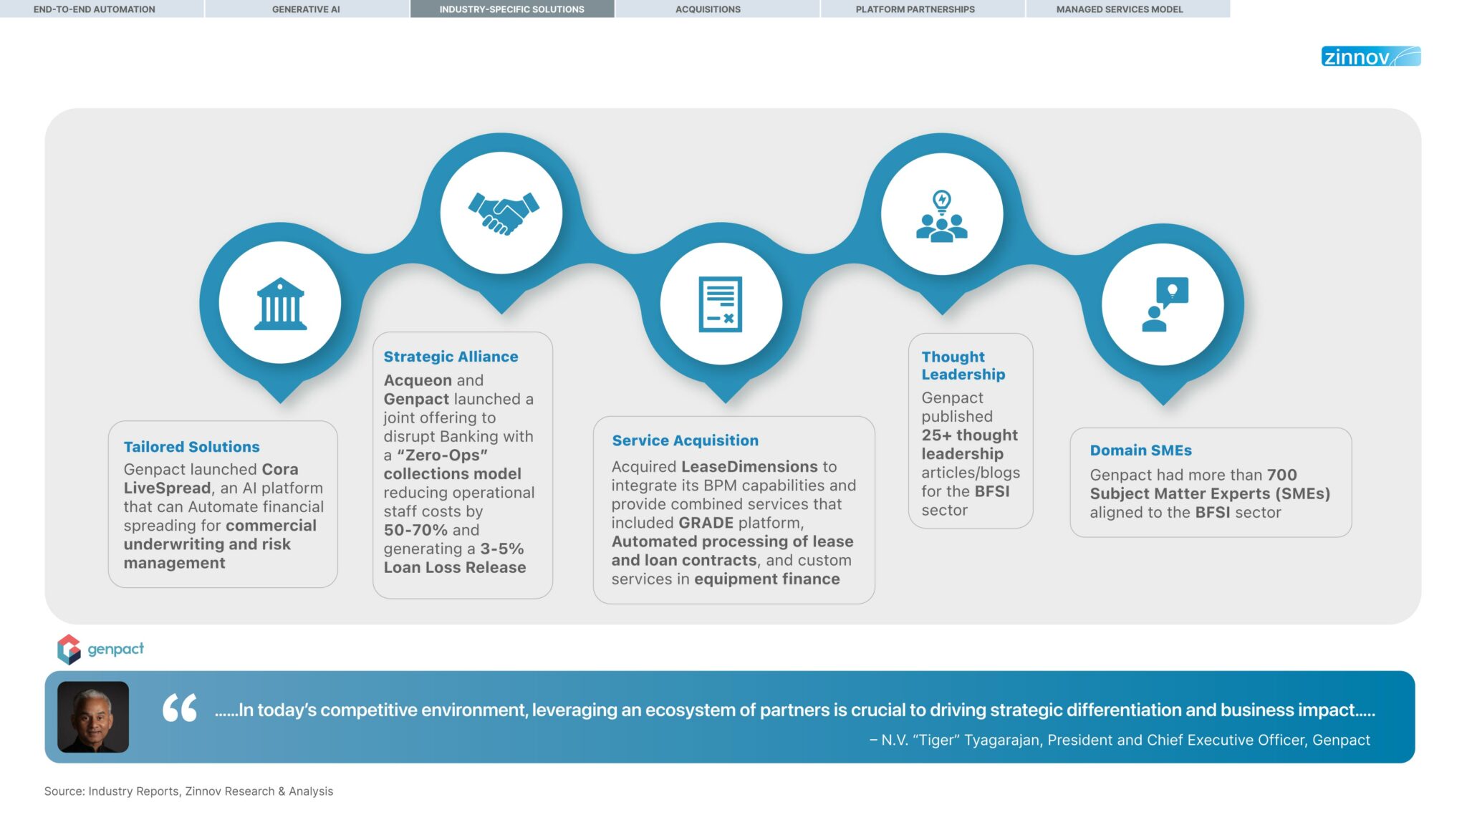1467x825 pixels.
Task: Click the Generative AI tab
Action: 306,9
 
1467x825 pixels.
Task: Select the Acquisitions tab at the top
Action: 708,9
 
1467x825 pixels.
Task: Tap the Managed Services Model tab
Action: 1119,9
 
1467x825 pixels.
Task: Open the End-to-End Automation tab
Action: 94,9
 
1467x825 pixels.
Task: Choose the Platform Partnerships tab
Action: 915,9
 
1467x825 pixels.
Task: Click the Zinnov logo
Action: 1370,57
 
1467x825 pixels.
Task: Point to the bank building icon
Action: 280,304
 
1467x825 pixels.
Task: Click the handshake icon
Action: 503,213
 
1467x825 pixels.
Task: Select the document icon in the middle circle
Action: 721,304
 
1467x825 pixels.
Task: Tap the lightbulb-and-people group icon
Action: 942,216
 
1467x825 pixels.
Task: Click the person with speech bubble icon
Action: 1164,304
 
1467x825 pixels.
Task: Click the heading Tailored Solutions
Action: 191,447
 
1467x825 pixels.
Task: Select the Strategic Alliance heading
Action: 451,357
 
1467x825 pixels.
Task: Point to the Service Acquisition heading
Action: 685,440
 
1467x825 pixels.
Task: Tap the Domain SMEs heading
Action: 1140,450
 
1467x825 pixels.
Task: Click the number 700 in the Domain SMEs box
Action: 1281,475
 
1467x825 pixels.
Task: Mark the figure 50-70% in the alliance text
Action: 415,530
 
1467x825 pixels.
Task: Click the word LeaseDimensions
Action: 749,467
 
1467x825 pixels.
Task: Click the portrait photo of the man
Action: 93,717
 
